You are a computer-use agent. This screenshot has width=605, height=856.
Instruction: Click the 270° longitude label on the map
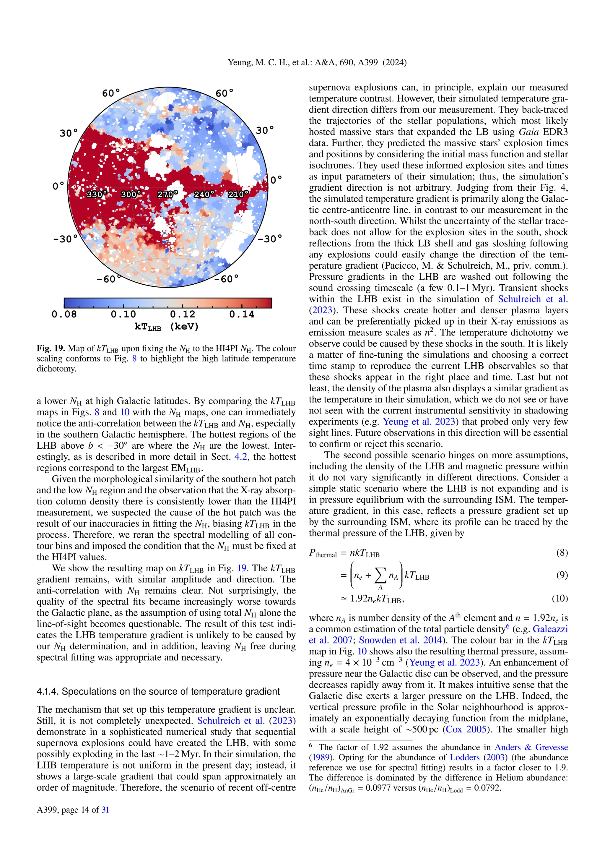click(x=167, y=194)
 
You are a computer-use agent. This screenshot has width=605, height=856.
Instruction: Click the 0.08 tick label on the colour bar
click(x=64, y=314)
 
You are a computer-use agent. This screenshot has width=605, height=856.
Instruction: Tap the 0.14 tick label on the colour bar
click(x=242, y=314)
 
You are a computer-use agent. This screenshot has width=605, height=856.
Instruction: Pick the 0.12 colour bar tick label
click(x=183, y=314)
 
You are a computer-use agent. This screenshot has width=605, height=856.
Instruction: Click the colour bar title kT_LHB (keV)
click(x=167, y=327)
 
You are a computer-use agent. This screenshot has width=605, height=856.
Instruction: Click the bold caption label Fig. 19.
click(x=51, y=348)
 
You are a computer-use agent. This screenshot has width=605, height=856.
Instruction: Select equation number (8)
click(x=562, y=552)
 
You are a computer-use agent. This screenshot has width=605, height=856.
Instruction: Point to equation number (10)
click(x=560, y=598)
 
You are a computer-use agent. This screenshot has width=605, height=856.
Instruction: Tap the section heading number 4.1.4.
click(x=47, y=692)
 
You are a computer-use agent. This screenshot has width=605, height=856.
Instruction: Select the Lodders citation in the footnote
click(x=465, y=758)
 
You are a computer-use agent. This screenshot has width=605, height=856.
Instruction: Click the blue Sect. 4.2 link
click(x=241, y=457)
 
